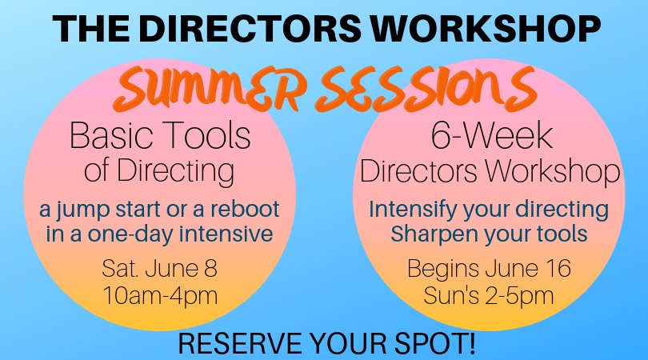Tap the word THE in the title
(89, 28)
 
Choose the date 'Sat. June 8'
(159, 266)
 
